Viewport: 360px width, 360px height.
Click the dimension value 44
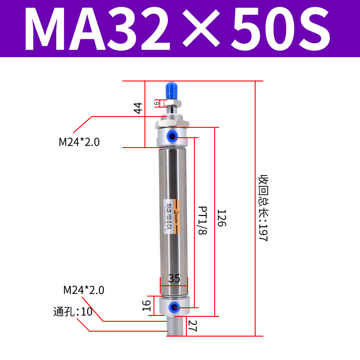[138, 108]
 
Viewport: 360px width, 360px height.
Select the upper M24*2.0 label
[79, 142]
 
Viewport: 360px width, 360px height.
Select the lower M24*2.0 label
[84, 290]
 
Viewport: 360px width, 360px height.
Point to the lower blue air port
[172, 307]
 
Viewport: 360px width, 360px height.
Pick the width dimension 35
[174, 279]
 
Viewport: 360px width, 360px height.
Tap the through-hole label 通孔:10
[72, 311]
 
